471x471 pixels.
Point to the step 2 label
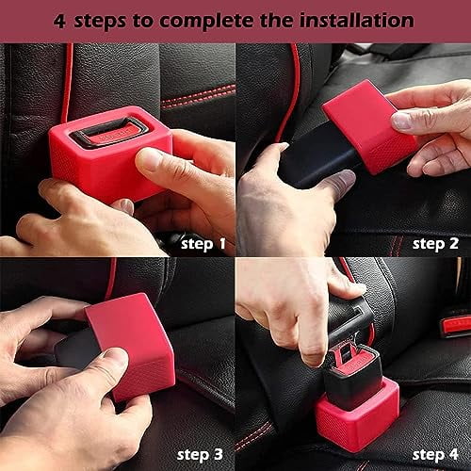435,243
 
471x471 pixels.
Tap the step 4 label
435,455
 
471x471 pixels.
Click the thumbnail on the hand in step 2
402,120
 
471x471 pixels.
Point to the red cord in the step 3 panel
111,278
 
